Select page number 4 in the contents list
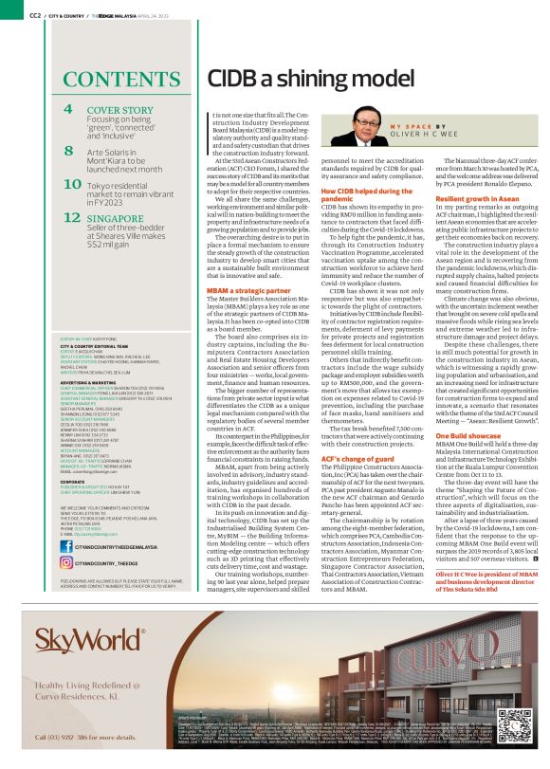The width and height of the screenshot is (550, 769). click(68, 110)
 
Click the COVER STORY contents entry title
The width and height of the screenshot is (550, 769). click(120, 110)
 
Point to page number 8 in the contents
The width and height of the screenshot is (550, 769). click(68, 151)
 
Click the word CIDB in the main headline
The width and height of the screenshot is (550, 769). click(236, 78)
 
